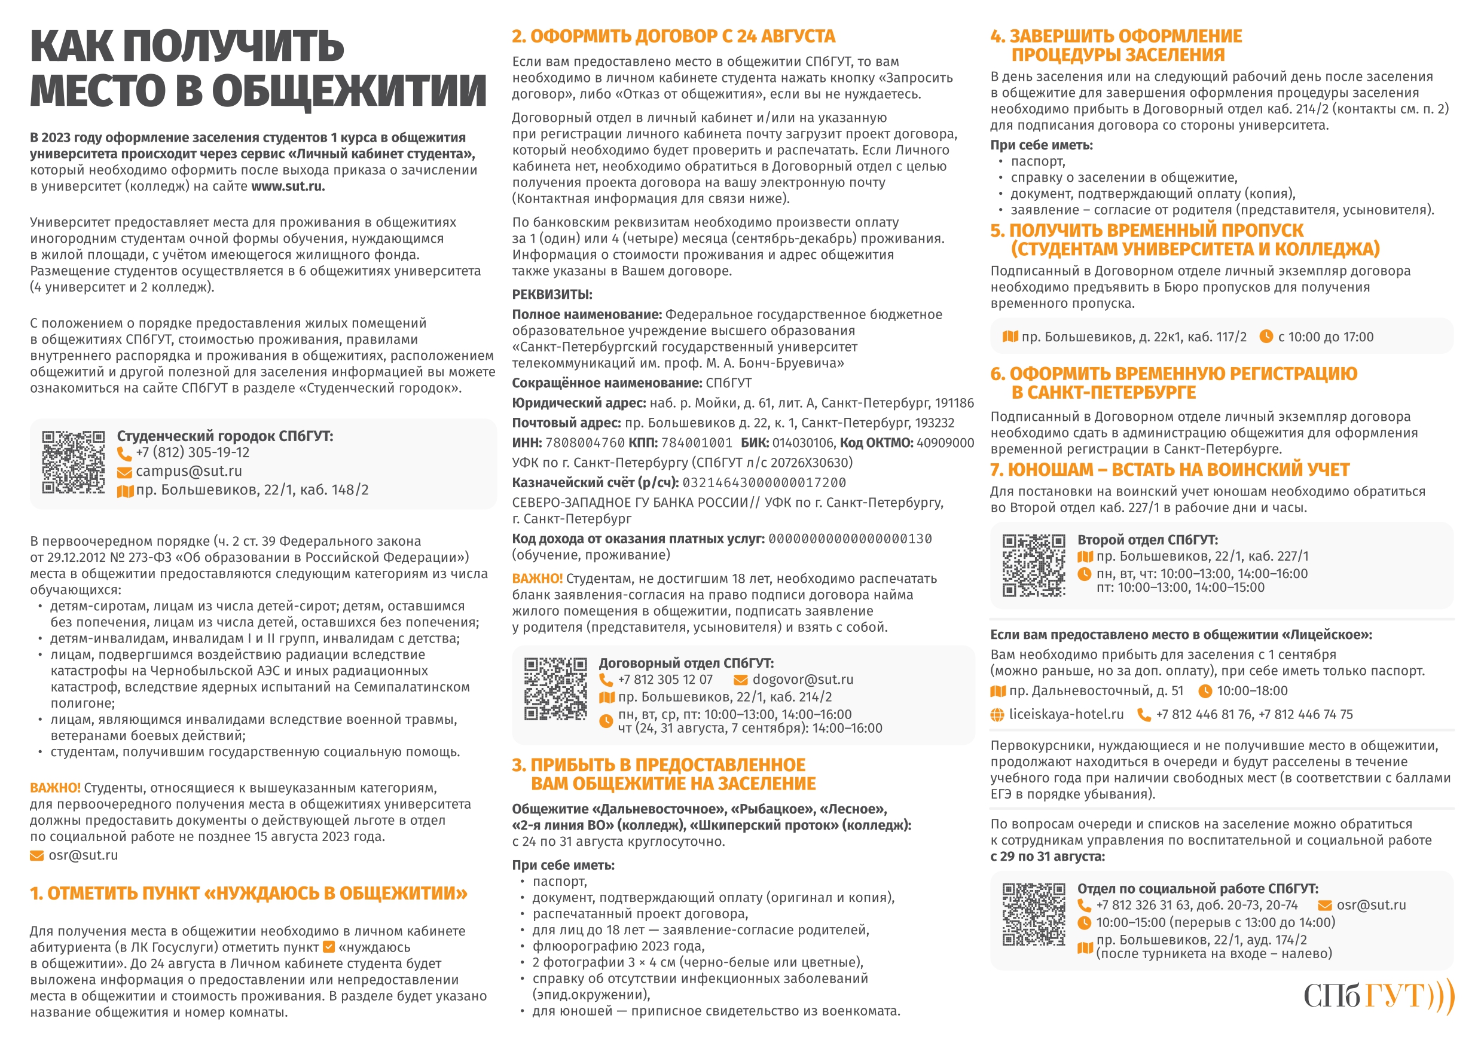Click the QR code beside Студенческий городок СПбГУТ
coord(73,462)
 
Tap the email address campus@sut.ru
coord(189,471)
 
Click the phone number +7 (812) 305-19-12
coord(192,452)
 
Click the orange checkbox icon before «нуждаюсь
coord(328,947)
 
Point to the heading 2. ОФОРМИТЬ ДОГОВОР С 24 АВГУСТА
coord(673,36)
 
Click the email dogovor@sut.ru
coord(803,679)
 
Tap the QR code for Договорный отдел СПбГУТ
coord(555,689)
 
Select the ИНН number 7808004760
coord(585,443)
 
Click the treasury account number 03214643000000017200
coord(764,483)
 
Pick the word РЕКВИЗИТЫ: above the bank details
coord(552,295)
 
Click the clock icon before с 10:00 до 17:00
coord(1266,336)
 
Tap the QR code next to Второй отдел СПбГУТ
coord(1034,565)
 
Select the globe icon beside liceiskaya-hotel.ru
coord(998,715)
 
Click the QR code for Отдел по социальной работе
coord(1034,915)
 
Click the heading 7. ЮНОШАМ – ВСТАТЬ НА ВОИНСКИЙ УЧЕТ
coord(1170,469)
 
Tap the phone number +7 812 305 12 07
coord(665,679)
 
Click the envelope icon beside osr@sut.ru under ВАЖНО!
coord(37,856)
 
